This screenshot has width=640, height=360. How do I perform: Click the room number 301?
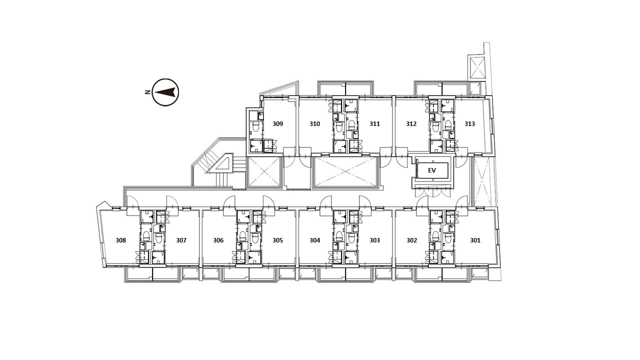475,240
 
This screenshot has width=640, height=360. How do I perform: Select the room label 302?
411,240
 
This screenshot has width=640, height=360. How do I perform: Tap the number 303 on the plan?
374,240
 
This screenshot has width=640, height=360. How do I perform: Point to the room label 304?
315,240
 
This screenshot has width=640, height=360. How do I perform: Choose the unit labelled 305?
277,240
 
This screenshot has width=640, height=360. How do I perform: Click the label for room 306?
218,240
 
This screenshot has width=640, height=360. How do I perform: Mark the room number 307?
181,240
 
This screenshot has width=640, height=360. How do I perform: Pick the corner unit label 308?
121,240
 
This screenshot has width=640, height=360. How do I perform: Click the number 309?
277,123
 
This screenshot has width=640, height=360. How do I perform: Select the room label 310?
315,123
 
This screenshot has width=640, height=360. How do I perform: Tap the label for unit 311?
374,123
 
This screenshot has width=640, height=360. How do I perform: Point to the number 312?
411,123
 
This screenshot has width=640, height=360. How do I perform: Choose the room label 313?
469,123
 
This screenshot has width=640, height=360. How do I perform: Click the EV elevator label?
432,170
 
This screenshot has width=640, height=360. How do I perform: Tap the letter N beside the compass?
147,92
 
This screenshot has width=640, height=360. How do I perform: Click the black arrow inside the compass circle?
164,92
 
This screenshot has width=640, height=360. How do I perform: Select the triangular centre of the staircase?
221,165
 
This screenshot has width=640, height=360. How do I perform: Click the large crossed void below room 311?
345,171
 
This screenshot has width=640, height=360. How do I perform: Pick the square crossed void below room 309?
264,171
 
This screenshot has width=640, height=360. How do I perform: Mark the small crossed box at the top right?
477,67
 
